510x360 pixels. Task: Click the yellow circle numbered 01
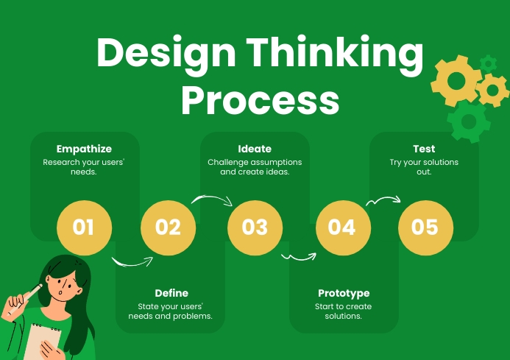click(x=84, y=227)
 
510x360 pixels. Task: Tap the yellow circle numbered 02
click(x=168, y=227)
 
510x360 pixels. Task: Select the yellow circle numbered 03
click(x=255, y=227)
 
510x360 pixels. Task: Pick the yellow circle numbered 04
click(x=342, y=227)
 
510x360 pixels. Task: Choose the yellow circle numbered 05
click(x=425, y=227)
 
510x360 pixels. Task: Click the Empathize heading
click(x=80, y=149)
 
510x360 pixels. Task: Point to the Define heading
click(x=171, y=293)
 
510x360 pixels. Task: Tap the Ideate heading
click(x=255, y=149)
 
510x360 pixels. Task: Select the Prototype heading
click(x=344, y=293)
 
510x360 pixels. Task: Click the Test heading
click(x=424, y=149)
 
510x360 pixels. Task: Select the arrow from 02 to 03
click(x=212, y=199)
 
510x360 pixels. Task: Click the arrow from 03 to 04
click(x=298, y=257)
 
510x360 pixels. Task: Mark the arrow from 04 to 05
click(x=383, y=199)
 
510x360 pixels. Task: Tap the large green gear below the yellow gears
click(x=468, y=119)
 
